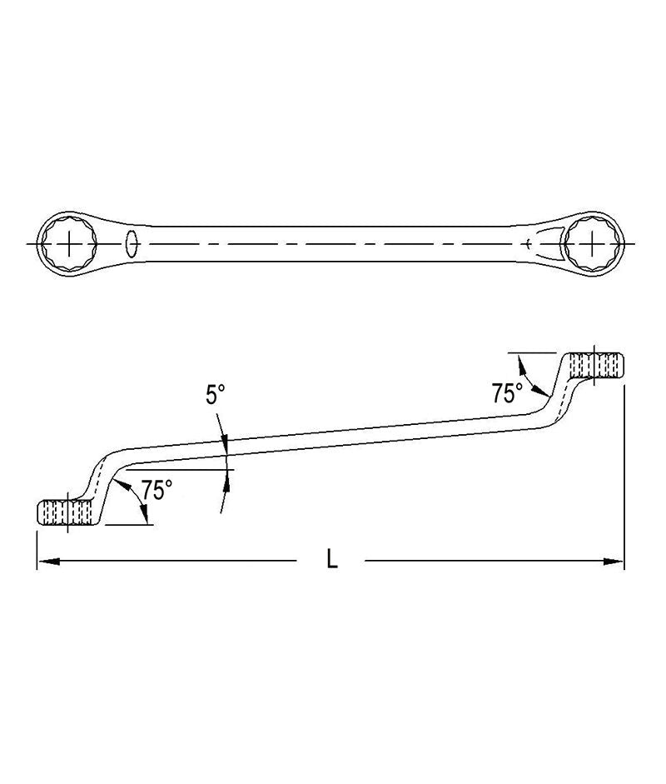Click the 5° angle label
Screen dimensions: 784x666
point(216,394)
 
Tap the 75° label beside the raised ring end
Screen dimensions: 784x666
point(507,392)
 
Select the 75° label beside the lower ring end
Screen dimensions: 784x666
point(157,490)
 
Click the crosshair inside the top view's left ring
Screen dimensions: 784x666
point(68,244)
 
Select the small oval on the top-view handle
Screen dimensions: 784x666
point(131,243)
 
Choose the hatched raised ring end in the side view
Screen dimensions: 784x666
point(598,367)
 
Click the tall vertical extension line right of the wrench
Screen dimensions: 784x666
point(624,467)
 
